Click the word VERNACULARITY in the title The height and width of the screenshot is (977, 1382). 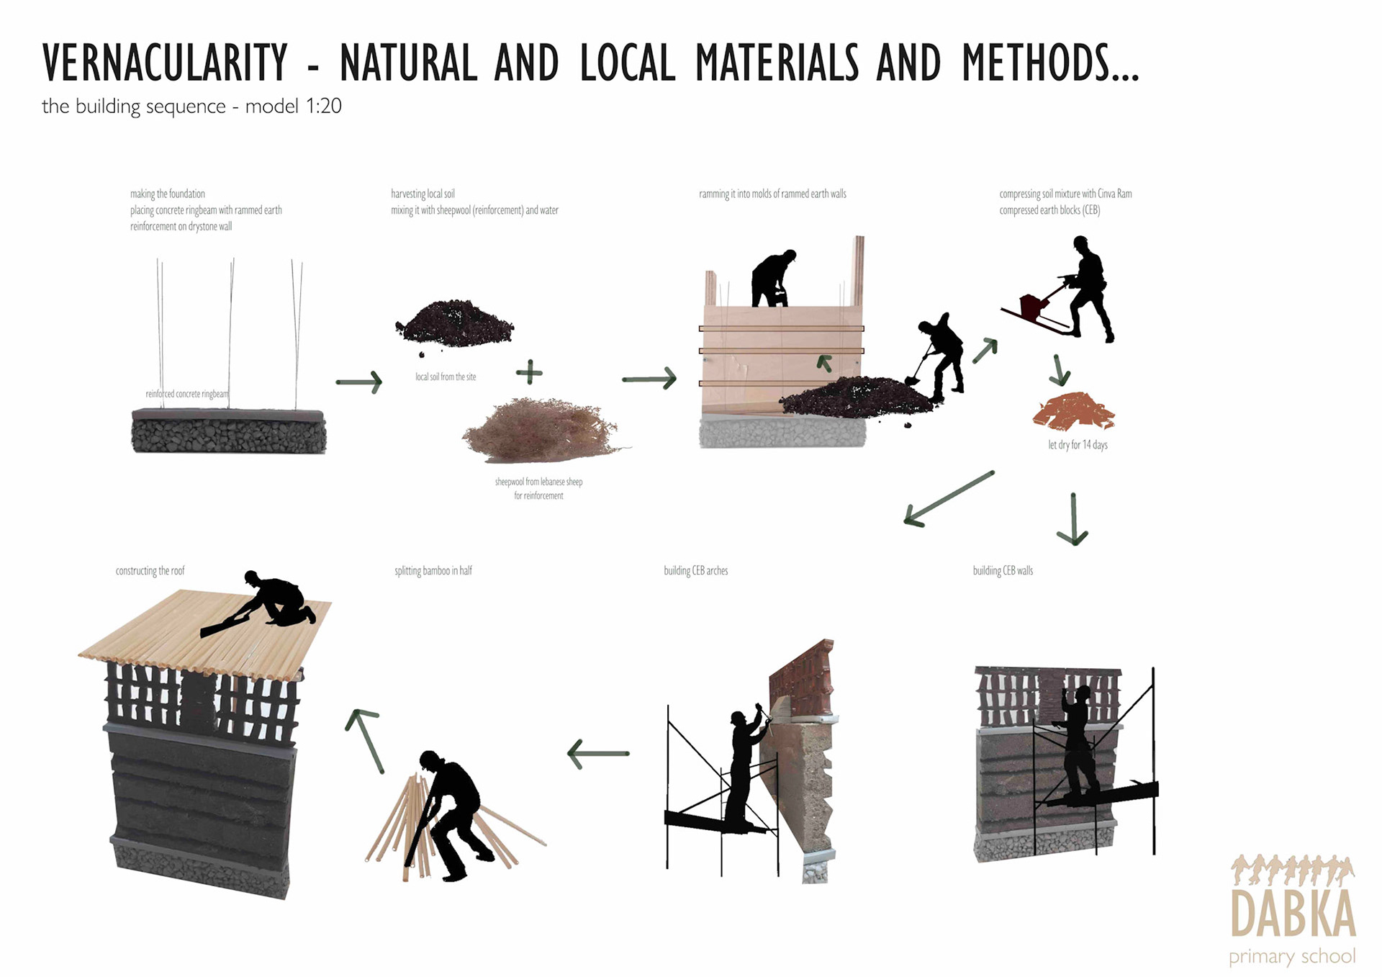click(x=165, y=63)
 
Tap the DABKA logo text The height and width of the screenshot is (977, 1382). click(x=1293, y=913)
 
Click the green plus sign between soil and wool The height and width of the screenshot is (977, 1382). click(x=529, y=372)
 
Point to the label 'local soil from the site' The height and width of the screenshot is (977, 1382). click(x=446, y=377)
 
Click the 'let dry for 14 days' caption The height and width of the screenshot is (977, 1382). click(x=1078, y=444)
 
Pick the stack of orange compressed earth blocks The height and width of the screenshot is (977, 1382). click(x=1073, y=411)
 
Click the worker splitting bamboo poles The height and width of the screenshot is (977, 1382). click(x=449, y=814)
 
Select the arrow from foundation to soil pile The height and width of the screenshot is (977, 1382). click(x=358, y=382)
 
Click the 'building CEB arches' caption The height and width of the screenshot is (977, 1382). click(x=695, y=570)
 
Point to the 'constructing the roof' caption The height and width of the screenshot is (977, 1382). click(x=150, y=570)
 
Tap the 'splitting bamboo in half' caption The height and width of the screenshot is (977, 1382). click(x=433, y=570)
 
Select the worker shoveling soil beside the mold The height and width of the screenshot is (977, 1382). click(x=936, y=357)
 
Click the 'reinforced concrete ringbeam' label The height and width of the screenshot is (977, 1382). click(x=186, y=394)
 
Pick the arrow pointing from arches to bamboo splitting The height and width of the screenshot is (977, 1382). click(x=598, y=754)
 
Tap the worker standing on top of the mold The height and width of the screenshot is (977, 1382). click(x=773, y=279)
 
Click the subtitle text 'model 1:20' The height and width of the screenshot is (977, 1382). click(x=293, y=107)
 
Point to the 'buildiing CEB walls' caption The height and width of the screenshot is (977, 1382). click(x=1003, y=570)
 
